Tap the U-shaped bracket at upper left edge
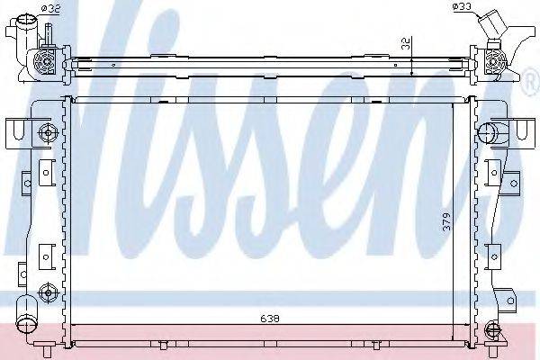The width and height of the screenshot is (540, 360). [x=13, y=132]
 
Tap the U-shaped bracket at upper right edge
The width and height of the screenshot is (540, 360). [x=523, y=132]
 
